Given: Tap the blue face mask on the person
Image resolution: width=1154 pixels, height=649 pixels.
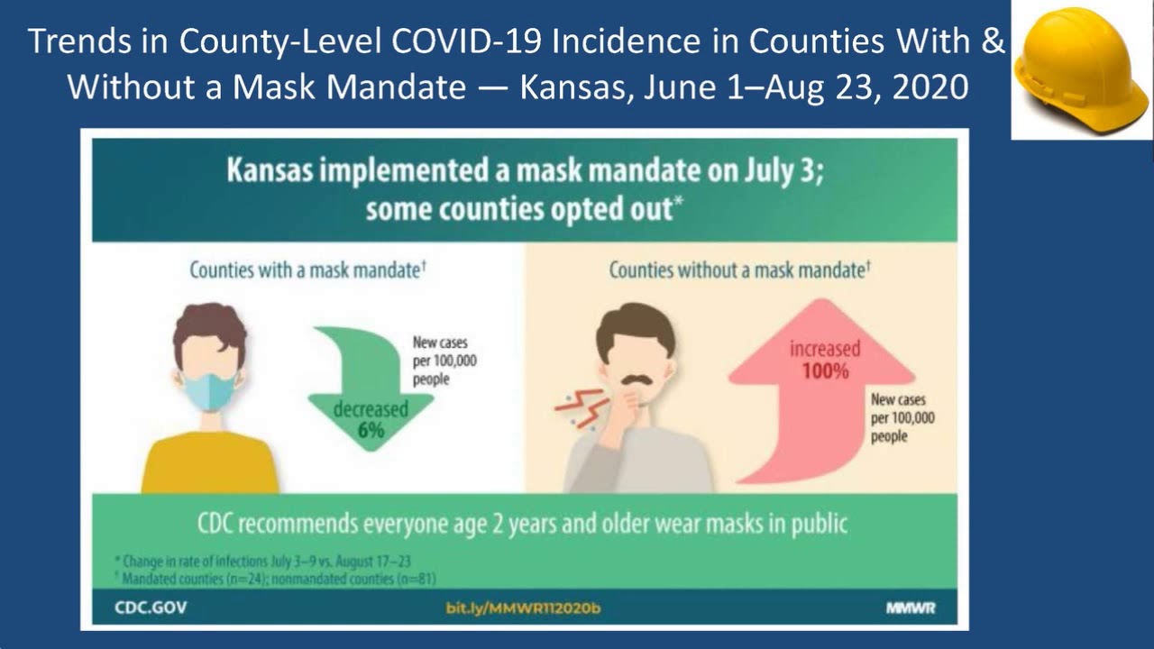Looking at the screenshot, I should click(x=209, y=389).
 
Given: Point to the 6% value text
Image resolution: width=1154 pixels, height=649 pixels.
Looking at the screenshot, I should click(x=371, y=431).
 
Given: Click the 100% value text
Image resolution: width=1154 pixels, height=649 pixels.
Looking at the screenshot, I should click(x=824, y=370).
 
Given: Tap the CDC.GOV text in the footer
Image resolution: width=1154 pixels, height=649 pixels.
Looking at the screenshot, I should click(x=151, y=608).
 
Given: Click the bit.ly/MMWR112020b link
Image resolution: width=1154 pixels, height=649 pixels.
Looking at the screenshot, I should click(x=523, y=608).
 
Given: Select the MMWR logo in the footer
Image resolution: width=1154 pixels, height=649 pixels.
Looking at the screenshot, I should click(x=910, y=608).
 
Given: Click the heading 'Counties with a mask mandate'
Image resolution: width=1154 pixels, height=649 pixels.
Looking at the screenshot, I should click(x=307, y=270).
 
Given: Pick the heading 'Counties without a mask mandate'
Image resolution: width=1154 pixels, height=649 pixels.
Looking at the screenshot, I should click(x=738, y=270).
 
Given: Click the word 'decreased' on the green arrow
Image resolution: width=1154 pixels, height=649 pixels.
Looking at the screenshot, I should click(x=371, y=410).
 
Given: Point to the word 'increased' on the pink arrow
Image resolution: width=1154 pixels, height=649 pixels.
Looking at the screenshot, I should click(x=825, y=349).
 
